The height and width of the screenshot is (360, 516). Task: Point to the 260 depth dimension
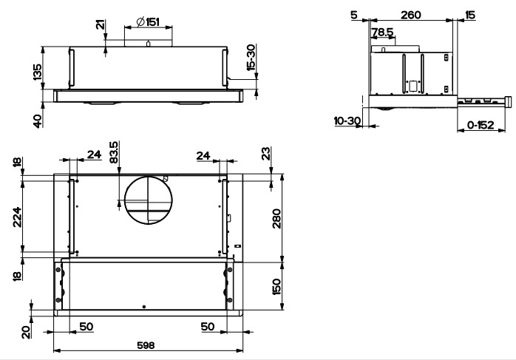point(412,14)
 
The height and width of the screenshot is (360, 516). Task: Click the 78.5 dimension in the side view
point(382,33)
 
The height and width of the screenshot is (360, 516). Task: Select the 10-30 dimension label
point(345,120)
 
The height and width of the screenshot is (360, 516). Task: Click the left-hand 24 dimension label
point(94,154)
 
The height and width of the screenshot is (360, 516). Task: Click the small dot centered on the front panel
point(143,306)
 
